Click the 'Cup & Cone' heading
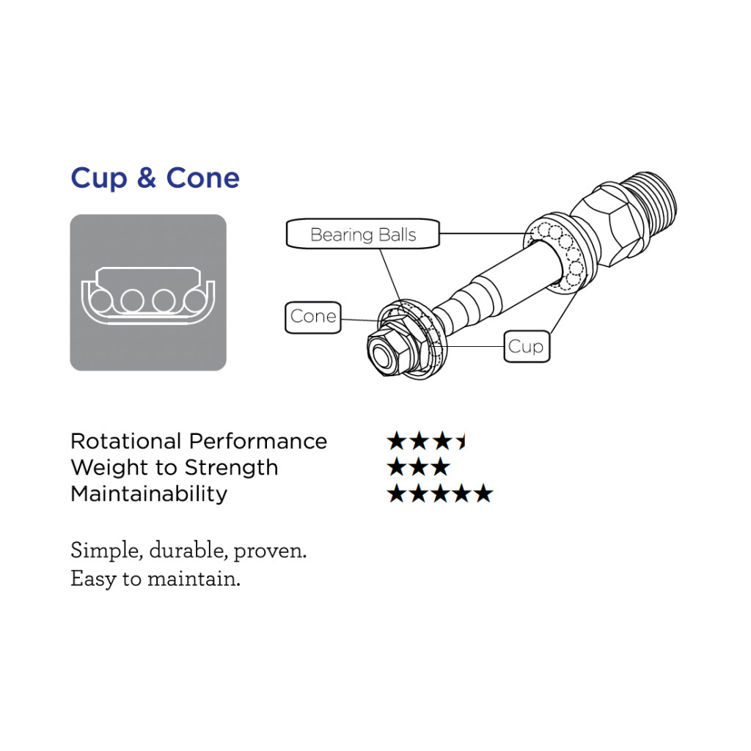(x=155, y=178)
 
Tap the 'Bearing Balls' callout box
(x=362, y=234)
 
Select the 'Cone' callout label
(x=312, y=317)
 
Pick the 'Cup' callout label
(x=527, y=346)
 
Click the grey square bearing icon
(x=148, y=292)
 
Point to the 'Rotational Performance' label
(x=199, y=441)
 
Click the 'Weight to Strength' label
(x=175, y=467)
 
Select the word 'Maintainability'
(x=149, y=494)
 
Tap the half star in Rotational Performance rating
(x=461, y=441)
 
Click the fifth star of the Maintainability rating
(x=484, y=494)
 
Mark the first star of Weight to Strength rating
(x=397, y=467)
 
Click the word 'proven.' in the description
(x=270, y=552)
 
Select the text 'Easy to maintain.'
(x=155, y=579)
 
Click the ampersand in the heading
(x=147, y=178)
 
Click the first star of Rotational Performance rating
(x=397, y=441)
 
